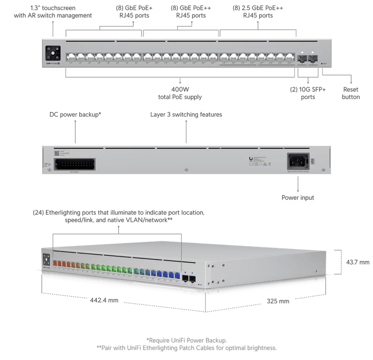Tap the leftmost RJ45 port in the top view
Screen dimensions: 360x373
click(x=70, y=55)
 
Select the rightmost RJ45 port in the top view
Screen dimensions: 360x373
click(x=288, y=55)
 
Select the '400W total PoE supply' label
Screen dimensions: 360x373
click(x=180, y=93)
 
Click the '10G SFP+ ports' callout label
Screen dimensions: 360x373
click(x=309, y=92)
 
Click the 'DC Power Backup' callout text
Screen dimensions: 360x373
click(x=74, y=114)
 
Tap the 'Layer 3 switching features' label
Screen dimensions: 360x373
click(x=186, y=114)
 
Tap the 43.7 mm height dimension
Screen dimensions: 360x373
click(x=358, y=263)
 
